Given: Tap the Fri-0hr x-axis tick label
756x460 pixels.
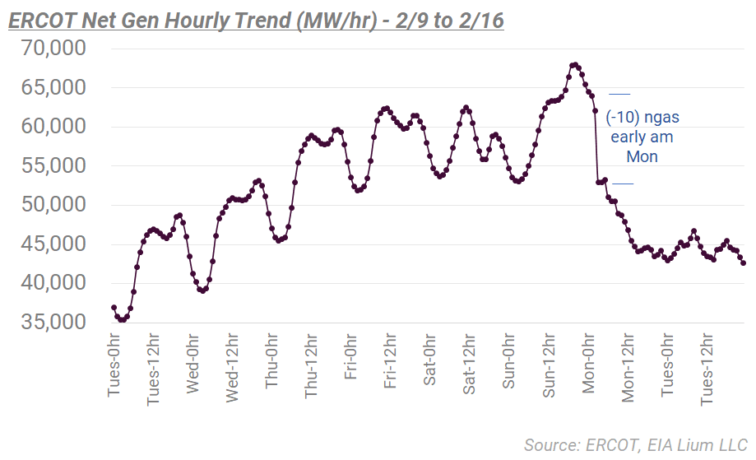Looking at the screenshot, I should (351, 364).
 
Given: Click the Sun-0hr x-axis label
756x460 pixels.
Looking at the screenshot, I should (509, 365).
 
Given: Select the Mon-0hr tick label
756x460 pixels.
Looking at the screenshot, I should (588, 365).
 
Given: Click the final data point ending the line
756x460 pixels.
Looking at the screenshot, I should (744, 263).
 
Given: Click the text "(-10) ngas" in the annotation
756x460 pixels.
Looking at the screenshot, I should (642, 117).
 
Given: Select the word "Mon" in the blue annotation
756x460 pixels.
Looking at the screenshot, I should (642, 156).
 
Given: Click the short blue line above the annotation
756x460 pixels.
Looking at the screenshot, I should (619, 93).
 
